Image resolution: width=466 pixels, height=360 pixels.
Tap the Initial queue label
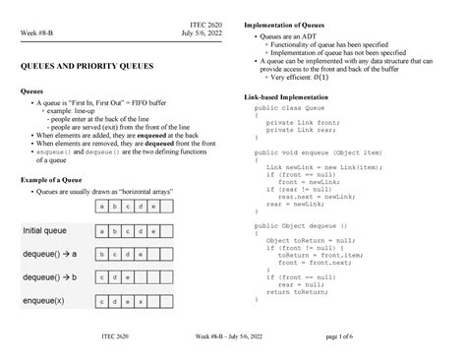48,230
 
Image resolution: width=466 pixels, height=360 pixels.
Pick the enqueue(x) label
44,300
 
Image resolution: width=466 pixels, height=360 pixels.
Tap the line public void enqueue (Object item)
316,154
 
